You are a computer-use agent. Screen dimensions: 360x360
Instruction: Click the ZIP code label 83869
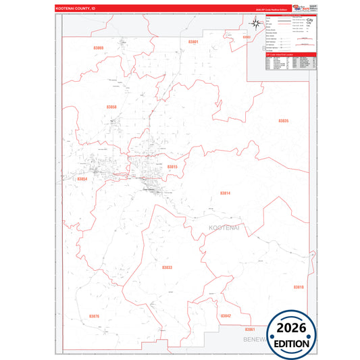[x=99, y=48]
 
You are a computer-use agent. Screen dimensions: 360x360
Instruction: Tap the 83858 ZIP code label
[x=111, y=107]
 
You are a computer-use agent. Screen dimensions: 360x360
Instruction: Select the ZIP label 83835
[x=283, y=121]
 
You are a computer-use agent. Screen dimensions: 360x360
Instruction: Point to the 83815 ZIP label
[x=172, y=166]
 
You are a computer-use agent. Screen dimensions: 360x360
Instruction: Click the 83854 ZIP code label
[x=82, y=179]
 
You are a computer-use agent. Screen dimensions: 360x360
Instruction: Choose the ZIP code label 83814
[x=225, y=193]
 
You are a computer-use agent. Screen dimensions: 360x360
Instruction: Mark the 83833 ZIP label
[x=167, y=267]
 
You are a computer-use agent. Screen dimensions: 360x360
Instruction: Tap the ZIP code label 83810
[x=299, y=287]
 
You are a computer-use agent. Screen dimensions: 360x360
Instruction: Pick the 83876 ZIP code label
[x=94, y=315]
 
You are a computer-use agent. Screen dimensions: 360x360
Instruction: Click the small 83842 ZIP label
[x=226, y=315]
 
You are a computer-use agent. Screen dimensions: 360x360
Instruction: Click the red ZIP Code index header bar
[x=290, y=55]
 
